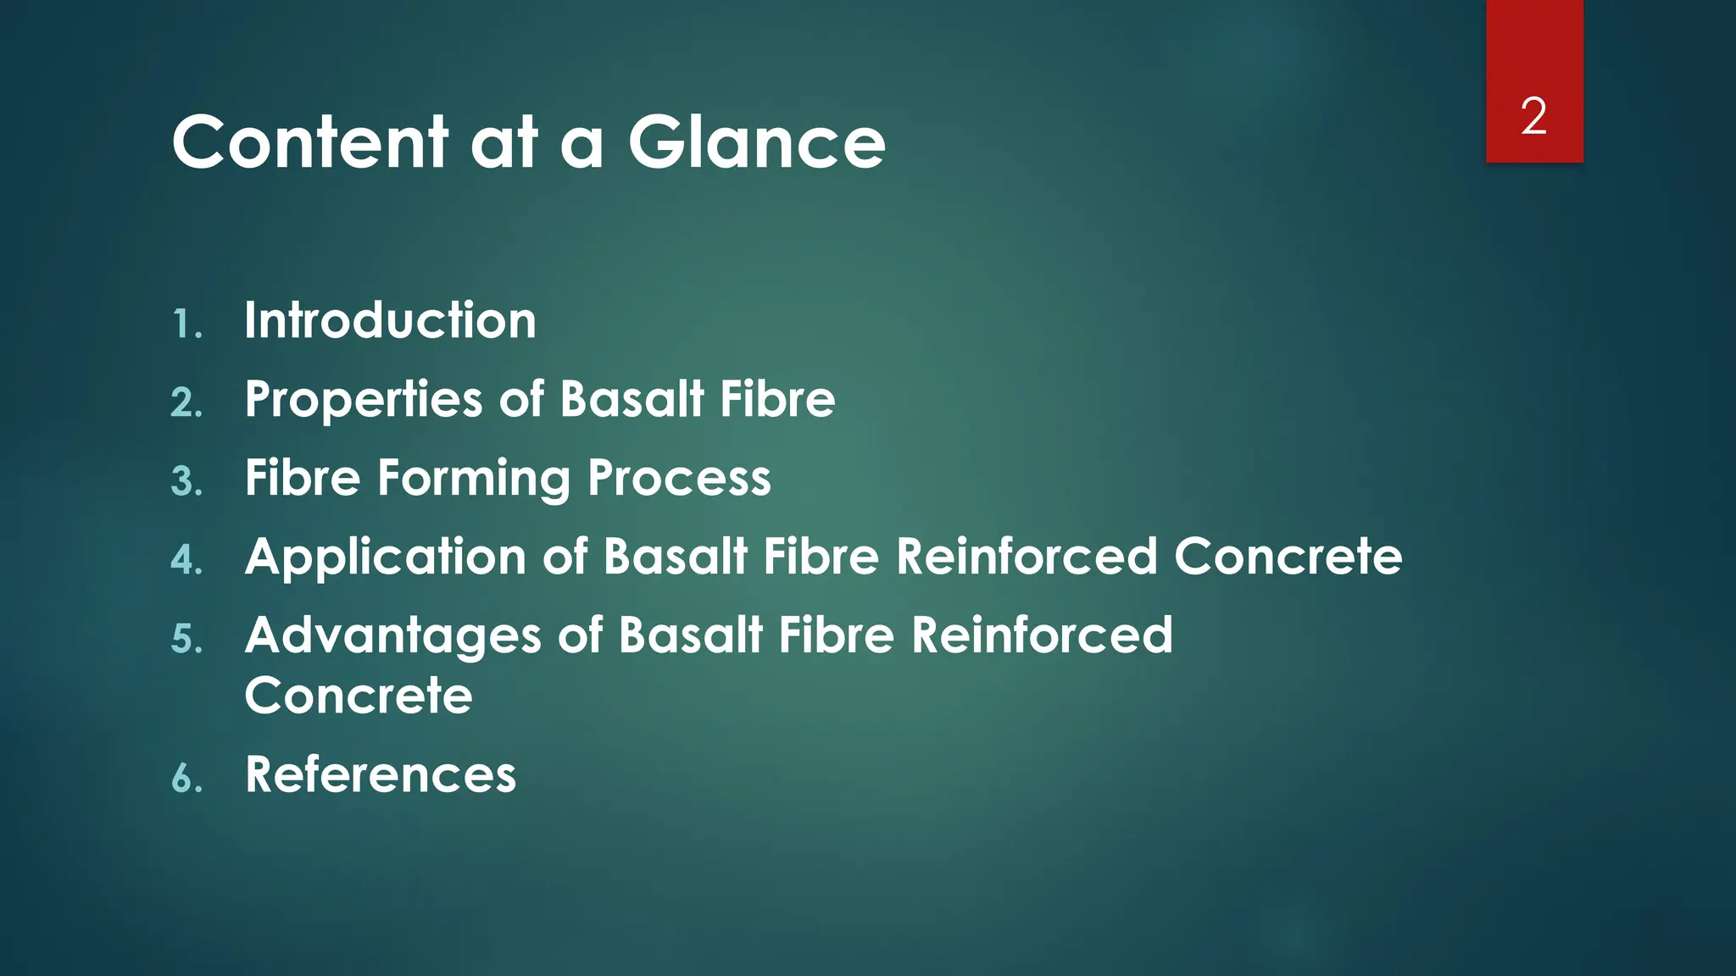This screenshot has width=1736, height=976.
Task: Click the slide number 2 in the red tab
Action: [x=1533, y=116]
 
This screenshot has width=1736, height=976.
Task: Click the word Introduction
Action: [x=390, y=320]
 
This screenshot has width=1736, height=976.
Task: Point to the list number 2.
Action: [x=186, y=403]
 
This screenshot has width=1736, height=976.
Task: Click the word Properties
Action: [x=364, y=400]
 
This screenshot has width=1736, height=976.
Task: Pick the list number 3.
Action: [x=186, y=482]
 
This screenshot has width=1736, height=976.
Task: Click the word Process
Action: [x=679, y=478]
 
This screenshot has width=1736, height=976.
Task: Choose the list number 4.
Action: [x=186, y=561]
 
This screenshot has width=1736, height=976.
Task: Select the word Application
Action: [x=385, y=557]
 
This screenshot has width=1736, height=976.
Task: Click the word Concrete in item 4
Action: [x=1288, y=557]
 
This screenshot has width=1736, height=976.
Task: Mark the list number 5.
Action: [x=186, y=640]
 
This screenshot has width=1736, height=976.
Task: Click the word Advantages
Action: [x=392, y=636]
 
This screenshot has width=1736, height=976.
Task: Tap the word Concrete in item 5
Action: [x=358, y=696]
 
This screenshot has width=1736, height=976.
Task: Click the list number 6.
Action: [x=186, y=779]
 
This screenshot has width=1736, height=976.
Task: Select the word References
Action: [x=380, y=774]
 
